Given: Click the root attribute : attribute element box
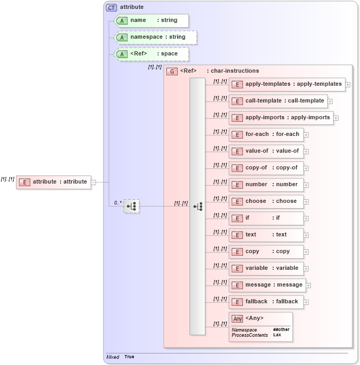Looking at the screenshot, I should pyautogui.click(x=54, y=182).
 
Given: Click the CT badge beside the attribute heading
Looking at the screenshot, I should pyautogui.click(x=111, y=7).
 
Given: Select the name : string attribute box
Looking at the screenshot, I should pyautogui.click(x=152, y=20).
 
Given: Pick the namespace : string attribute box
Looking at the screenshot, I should pyautogui.click(x=156, y=37).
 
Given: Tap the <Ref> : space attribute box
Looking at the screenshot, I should pyautogui.click(x=152, y=54).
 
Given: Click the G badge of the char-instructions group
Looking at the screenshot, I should pyautogui.click(x=172, y=71).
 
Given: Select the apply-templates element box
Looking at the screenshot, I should pyautogui.click(x=286, y=84).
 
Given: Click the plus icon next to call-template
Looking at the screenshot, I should pyautogui.click(x=330, y=101).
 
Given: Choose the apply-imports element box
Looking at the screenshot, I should pyautogui.click(x=281, y=118).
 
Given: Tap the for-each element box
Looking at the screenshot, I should pyautogui.click(x=266, y=134).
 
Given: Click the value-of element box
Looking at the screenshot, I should pyautogui.click(x=266, y=151).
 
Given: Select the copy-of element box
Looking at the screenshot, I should pyautogui.click(x=266, y=168).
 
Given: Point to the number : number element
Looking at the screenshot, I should pyautogui.click(x=266, y=185).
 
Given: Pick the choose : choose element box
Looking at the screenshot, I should pyautogui.click(x=266, y=201).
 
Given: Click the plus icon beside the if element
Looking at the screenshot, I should pyautogui.click(x=306, y=219).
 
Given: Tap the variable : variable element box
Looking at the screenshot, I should pyautogui.click(x=266, y=268).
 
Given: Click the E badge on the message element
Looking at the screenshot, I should pyautogui.click(x=237, y=285).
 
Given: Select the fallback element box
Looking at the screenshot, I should pyautogui.click(x=266, y=302).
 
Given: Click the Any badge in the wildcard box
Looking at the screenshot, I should pyautogui.click(x=238, y=318).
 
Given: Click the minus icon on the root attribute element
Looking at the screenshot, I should pyautogui.click(x=94, y=182).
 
